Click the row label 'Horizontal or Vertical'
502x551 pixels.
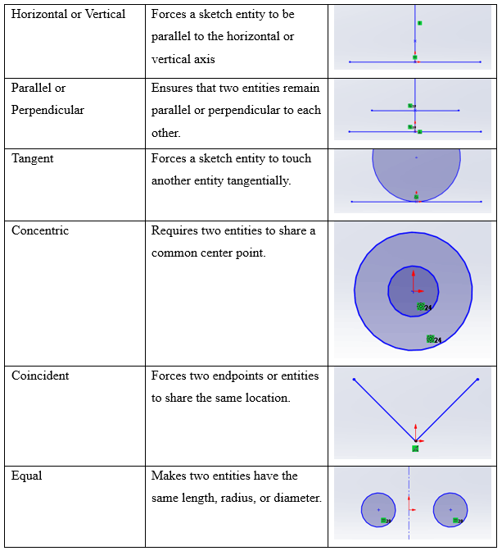tap(68, 14)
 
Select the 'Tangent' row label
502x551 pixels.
tap(33, 158)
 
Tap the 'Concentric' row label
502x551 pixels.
tap(40, 230)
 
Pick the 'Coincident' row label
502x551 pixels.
tap(40, 376)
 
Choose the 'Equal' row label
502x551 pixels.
tap(26, 476)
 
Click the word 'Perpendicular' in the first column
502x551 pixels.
tap(47, 110)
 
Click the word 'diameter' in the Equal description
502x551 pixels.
tap(297, 498)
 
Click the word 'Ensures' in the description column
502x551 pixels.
tap(173, 88)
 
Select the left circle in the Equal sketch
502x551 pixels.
tap(378, 510)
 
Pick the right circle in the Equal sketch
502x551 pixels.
tap(450, 510)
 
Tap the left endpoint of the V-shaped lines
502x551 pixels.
tap(354, 379)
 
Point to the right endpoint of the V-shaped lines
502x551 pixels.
tap(478, 379)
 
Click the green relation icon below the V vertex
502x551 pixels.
tap(415, 449)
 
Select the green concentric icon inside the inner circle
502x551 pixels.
tap(421, 307)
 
